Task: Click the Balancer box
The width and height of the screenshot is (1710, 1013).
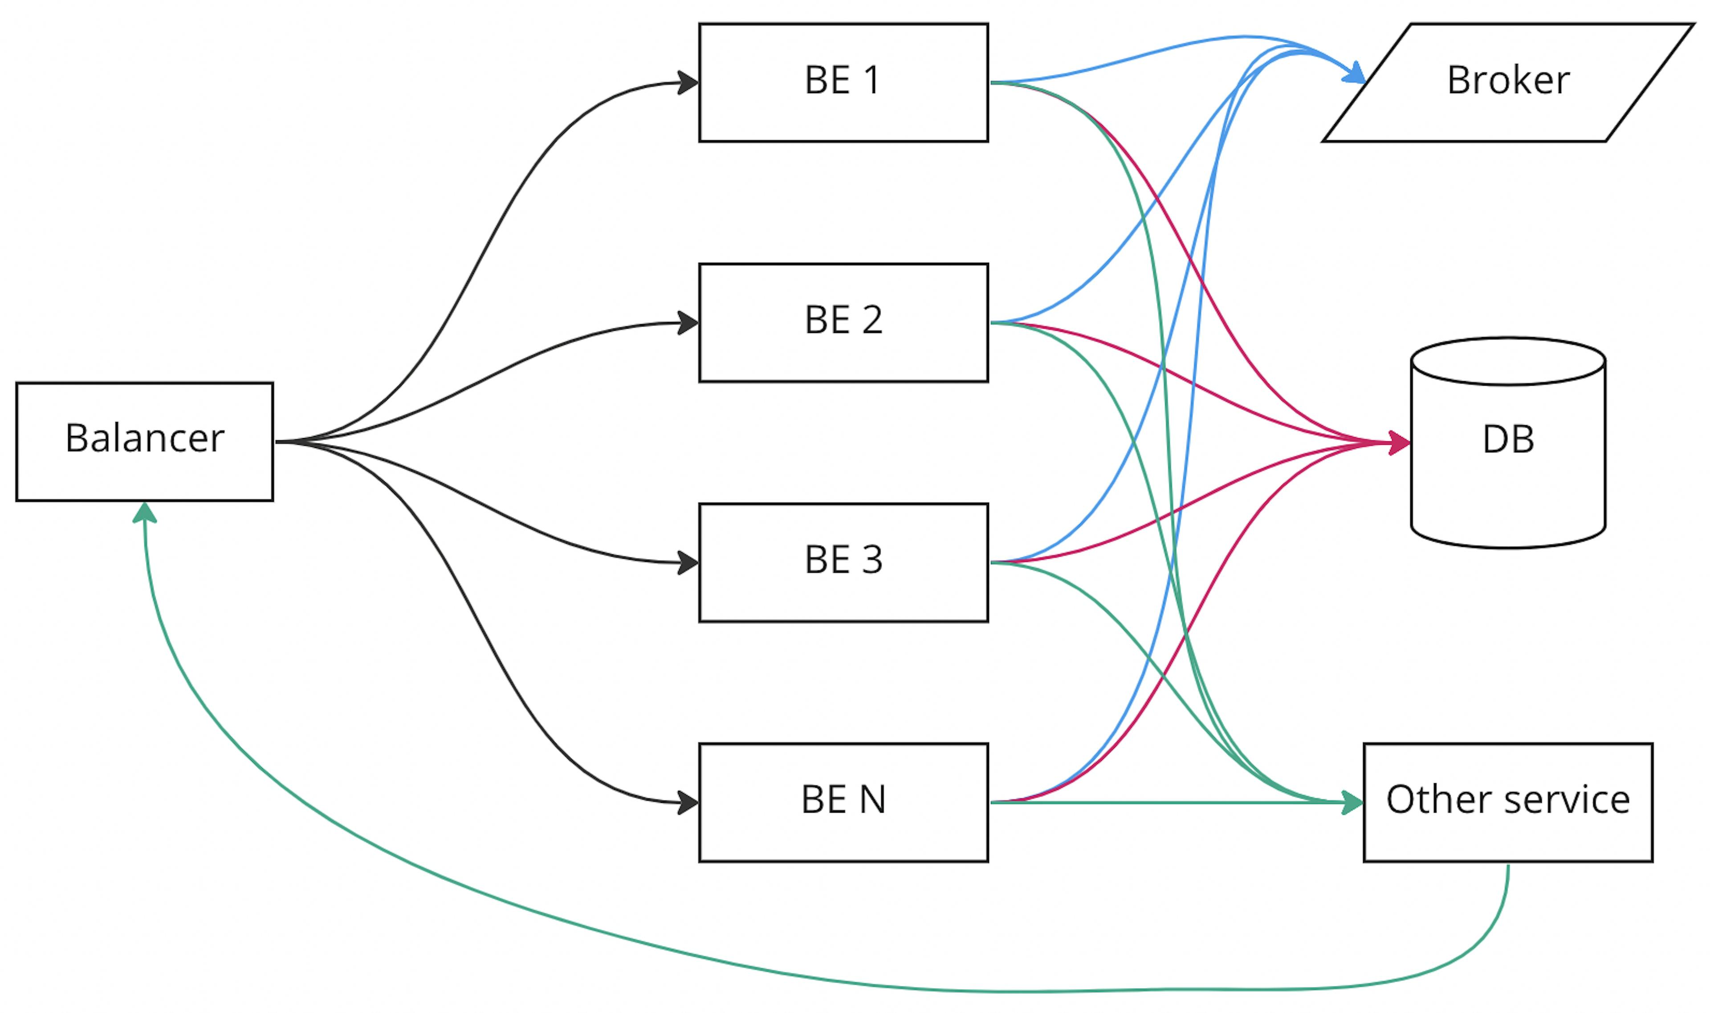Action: pos(145,442)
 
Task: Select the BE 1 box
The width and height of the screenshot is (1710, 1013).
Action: pos(844,82)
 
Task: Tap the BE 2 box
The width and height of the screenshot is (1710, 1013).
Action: pos(844,322)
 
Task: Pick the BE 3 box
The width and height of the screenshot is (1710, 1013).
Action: pos(844,562)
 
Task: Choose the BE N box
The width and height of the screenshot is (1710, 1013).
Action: pos(844,802)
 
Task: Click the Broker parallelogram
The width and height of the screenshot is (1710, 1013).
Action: pos(1509,82)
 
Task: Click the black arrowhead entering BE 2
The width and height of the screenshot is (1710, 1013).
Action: pos(688,323)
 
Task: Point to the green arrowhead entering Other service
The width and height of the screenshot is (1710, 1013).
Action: pos(1352,802)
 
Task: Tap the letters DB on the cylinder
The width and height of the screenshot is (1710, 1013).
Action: pos(1509,439)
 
